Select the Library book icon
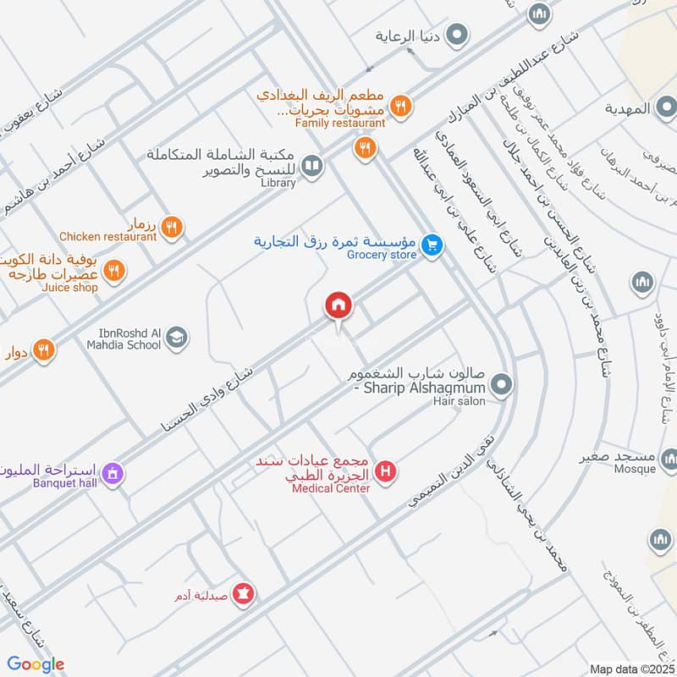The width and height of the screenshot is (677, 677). click(x=312, y=165)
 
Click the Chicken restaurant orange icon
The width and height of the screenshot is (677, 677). click(x=172, y=226)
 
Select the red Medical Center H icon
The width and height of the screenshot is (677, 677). click(x=386, y=471)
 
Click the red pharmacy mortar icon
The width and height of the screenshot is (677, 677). click(x=244, y=594)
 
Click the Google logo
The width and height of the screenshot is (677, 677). click(x=36, y=664)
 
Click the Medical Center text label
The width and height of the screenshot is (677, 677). click(x=331, y=488)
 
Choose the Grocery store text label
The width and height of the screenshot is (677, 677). click(x=380, y=252)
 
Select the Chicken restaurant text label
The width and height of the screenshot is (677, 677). click(x=108, y=237)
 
